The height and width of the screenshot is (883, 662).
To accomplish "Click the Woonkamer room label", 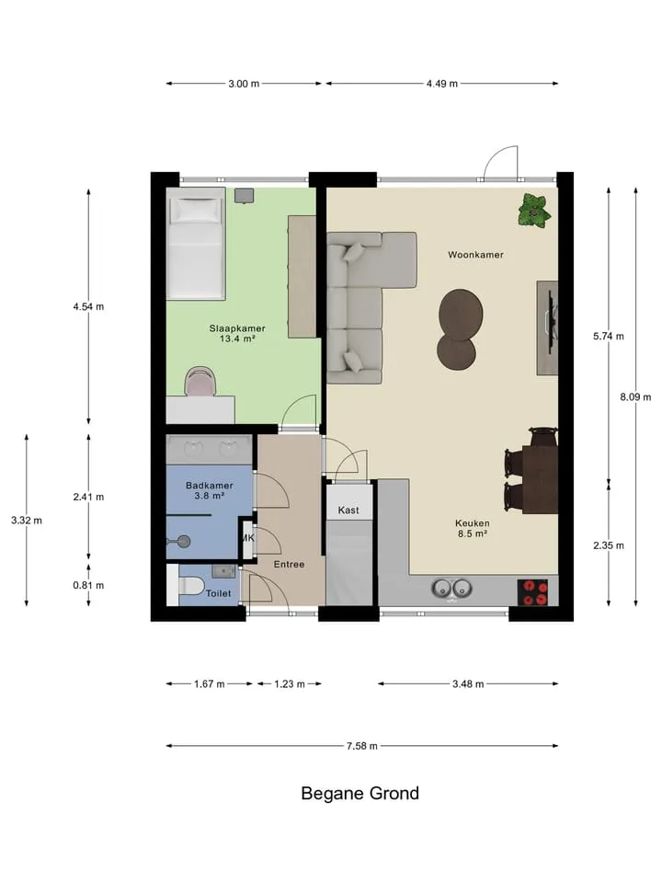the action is pos(475,255).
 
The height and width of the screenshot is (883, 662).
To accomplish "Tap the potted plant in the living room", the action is pos(533,212).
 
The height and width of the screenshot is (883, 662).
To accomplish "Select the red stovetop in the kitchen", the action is pos(532,592).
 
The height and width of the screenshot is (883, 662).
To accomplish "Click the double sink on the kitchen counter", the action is pos(451,589).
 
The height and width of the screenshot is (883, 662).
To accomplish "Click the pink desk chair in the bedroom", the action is pos(200,381).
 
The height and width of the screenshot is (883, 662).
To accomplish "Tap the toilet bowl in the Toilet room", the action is pos(190,586).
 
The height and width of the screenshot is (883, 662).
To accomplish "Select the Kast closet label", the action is pos(348,510).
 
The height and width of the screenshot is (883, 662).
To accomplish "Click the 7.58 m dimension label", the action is pos(362,746).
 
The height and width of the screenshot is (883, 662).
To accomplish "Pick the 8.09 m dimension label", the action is pos(635,397).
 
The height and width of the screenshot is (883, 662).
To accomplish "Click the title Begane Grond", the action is pos(360,794).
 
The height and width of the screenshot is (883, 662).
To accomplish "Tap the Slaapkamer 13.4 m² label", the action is pos(237,333).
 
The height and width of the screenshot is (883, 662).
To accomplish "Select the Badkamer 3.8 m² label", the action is pos(210,490).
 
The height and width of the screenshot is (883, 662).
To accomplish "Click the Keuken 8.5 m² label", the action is pos(473,528).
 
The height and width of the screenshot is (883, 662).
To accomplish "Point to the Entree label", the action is pos(289,564).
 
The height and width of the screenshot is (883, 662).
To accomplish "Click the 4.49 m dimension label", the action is pos(442,84).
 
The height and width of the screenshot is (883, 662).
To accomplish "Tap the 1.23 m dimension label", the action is pos(290,684).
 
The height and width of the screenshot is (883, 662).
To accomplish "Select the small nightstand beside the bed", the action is pos(244,195).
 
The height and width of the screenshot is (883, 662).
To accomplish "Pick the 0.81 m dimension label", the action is pos(88,585).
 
